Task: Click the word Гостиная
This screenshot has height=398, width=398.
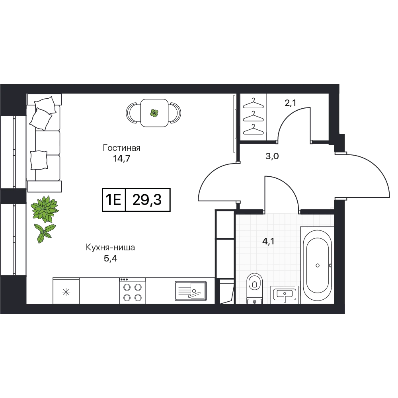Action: [121, 148]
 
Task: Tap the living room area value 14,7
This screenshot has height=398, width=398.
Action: [121, 159]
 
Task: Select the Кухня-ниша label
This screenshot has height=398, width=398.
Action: [110, 248]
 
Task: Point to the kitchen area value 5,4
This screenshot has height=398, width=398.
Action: [110, 259]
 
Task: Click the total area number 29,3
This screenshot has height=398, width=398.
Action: [147, 200]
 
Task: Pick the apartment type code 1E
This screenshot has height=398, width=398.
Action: [113, 200]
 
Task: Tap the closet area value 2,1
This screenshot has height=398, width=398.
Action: [291, 103]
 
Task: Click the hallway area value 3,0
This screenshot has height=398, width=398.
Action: [272, 156]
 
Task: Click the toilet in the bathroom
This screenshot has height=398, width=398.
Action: [254, 288]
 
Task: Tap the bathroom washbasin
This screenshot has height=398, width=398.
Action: [285, 295]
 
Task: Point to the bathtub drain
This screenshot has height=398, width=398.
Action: [317, 265]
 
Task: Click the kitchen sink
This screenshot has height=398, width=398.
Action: [191, 291]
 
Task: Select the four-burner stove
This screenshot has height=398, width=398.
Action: [133, 291]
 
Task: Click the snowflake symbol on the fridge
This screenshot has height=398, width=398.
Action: [66, 293]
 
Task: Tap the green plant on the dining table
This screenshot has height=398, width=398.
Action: [154, 113]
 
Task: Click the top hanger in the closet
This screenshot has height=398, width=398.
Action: [253, 103]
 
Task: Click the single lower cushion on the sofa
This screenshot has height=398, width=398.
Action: [39, 160]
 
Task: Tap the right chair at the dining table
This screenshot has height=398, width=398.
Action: [176, 113]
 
